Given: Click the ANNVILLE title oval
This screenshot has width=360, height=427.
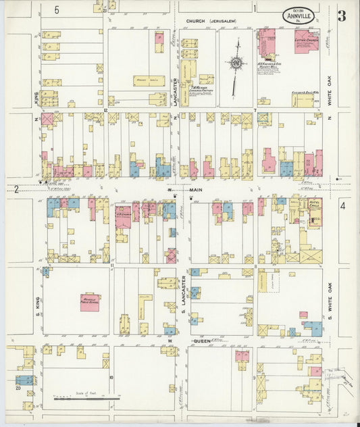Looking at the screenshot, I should coord(298,15).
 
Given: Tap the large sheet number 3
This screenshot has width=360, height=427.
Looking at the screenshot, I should coord(342,16).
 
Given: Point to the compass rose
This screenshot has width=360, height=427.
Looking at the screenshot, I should coord(236,64).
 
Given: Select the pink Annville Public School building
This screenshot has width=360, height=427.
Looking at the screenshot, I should coord(90,301).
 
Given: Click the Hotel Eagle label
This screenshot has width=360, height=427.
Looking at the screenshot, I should coord(314,205).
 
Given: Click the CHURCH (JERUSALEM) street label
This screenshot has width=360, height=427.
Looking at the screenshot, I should coord(211,22).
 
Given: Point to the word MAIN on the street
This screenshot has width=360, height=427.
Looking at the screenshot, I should coord(195,191).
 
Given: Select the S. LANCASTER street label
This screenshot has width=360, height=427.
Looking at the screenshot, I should coord(184,291).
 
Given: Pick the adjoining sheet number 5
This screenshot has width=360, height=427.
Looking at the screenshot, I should coord(57,9).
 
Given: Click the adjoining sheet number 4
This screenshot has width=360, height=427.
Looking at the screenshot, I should coord(342,205).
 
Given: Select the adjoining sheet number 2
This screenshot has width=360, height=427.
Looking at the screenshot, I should coord(15,190).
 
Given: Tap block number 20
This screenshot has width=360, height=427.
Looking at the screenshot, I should coord(17,389).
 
